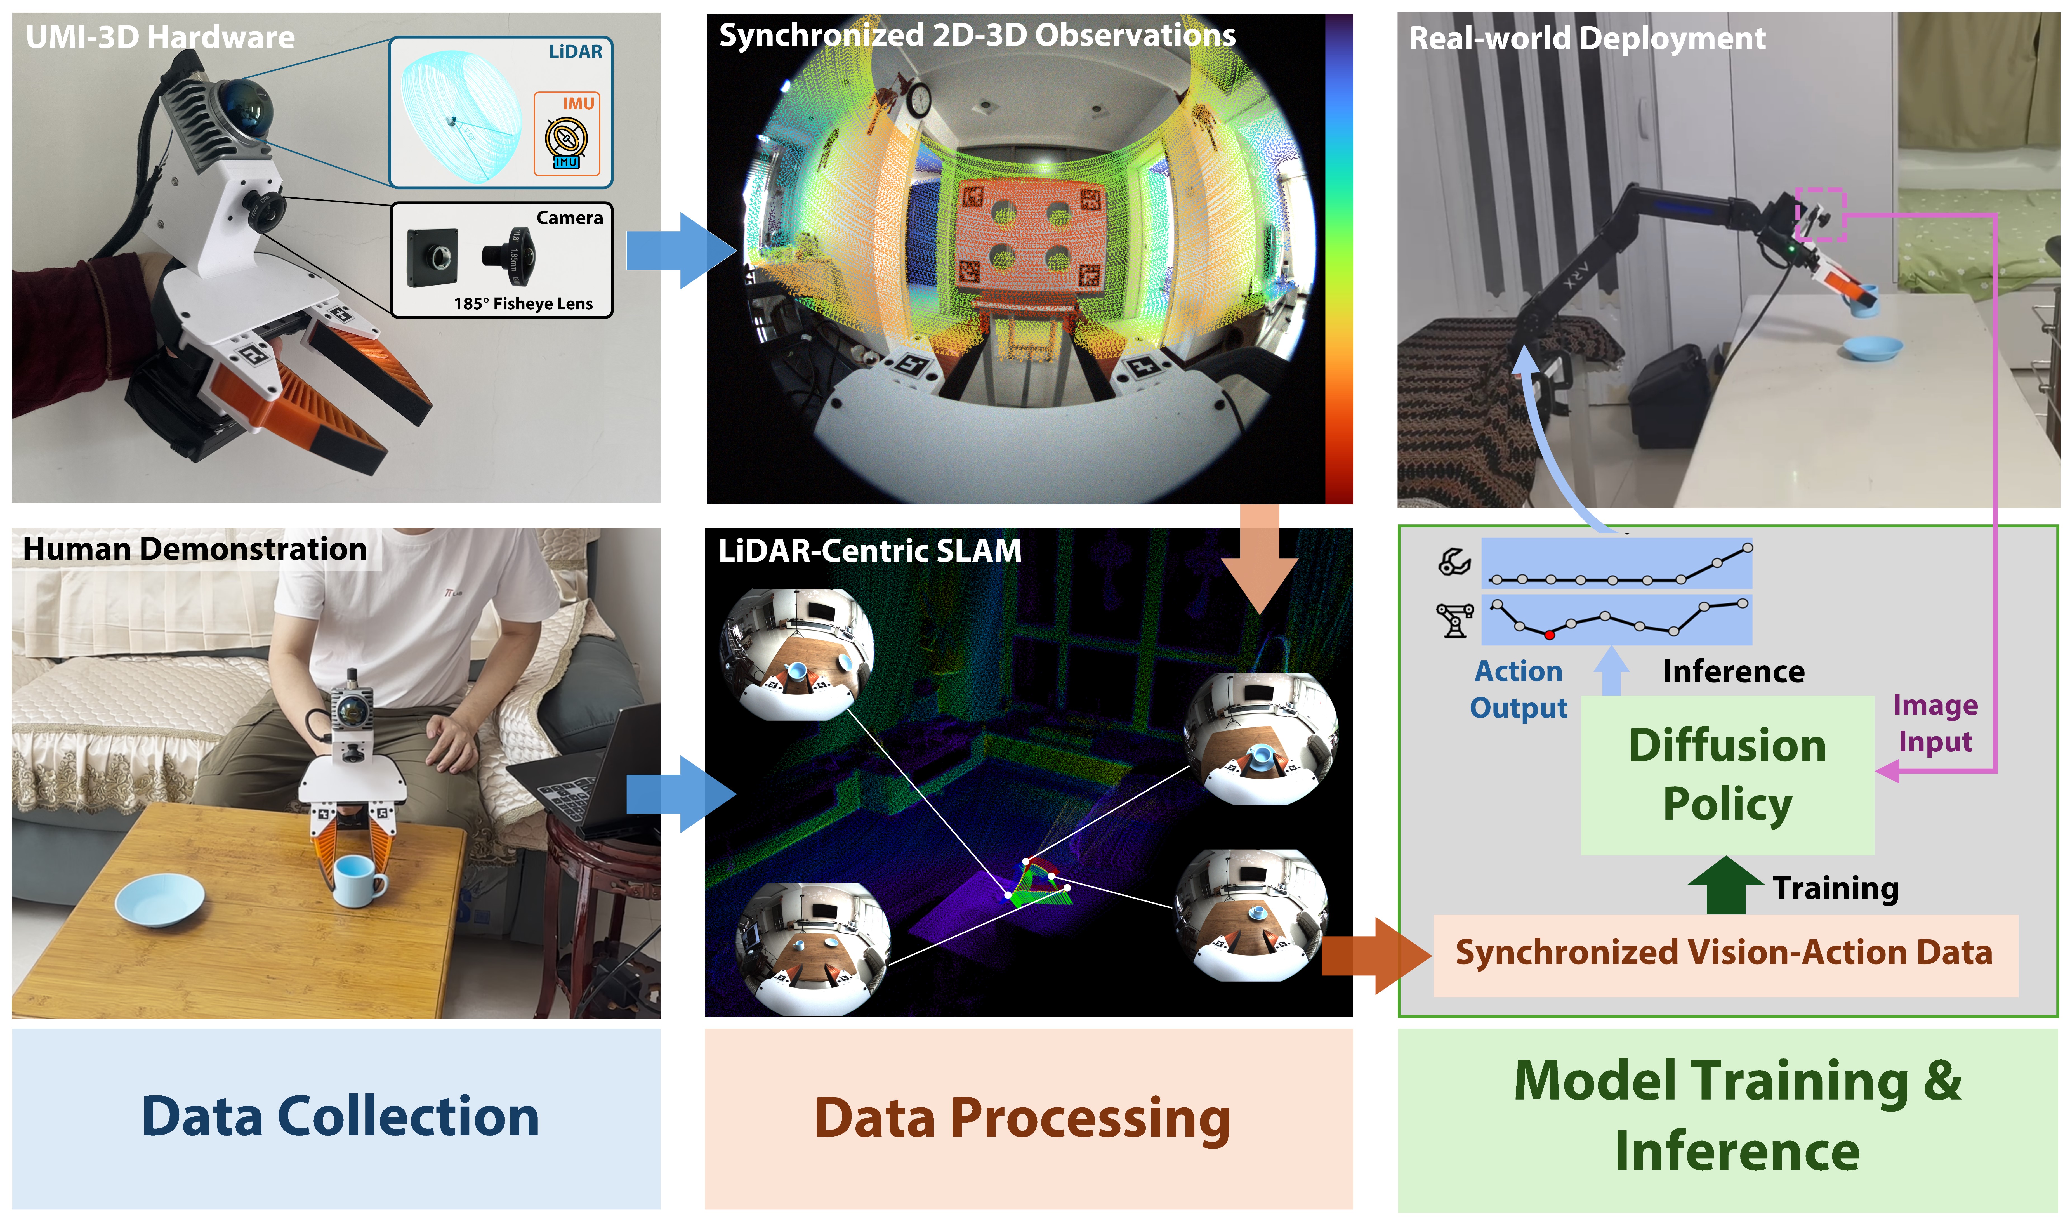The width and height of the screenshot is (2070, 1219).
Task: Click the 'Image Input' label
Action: pos(1934,723)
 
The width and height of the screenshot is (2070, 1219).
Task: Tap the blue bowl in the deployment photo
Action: pos(1871,348)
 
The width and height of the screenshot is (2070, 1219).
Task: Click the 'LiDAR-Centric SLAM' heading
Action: pos(869,550)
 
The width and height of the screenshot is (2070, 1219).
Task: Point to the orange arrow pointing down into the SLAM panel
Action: pos(1259,558)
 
